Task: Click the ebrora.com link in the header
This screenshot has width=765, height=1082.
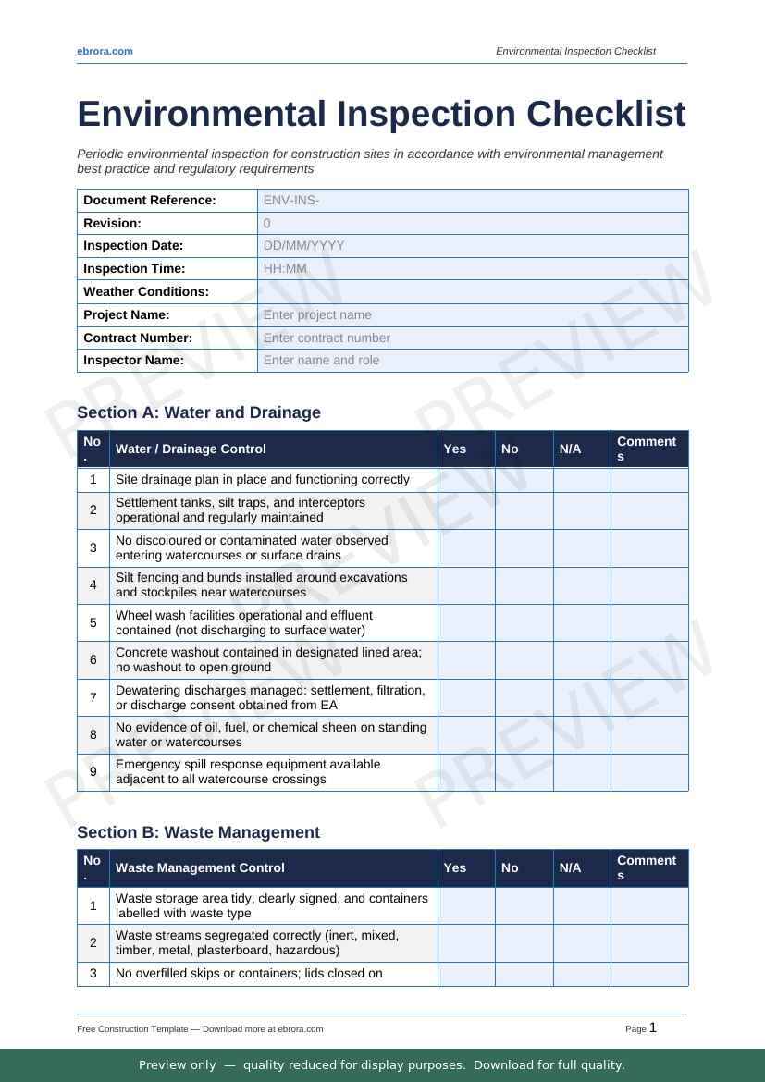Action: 105,51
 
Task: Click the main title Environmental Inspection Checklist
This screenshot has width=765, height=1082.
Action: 381,114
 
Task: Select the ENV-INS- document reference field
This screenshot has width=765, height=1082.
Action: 472,200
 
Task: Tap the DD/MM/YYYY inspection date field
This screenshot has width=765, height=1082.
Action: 472,246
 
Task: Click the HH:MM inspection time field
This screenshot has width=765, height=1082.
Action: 472,268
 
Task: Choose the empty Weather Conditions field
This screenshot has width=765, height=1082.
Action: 472,291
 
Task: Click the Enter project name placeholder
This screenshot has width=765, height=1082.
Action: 472,314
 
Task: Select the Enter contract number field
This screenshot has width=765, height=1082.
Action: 472,338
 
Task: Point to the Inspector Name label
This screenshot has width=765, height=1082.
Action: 133,360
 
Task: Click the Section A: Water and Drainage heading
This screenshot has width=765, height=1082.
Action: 199,412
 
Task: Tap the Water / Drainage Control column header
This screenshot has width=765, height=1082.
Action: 191,449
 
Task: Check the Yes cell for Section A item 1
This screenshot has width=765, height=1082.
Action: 466,480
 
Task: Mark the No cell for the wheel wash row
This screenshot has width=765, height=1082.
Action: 524,622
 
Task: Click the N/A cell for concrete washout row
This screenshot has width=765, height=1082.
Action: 582,660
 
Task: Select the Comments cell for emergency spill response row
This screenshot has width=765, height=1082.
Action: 649,772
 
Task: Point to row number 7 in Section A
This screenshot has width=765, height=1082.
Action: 93,697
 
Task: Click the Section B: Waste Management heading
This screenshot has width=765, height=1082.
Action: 199,832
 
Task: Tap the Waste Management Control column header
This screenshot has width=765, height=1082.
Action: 200,867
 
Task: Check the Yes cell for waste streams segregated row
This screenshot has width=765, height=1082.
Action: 466,943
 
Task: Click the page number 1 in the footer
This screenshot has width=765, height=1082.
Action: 653,1027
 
